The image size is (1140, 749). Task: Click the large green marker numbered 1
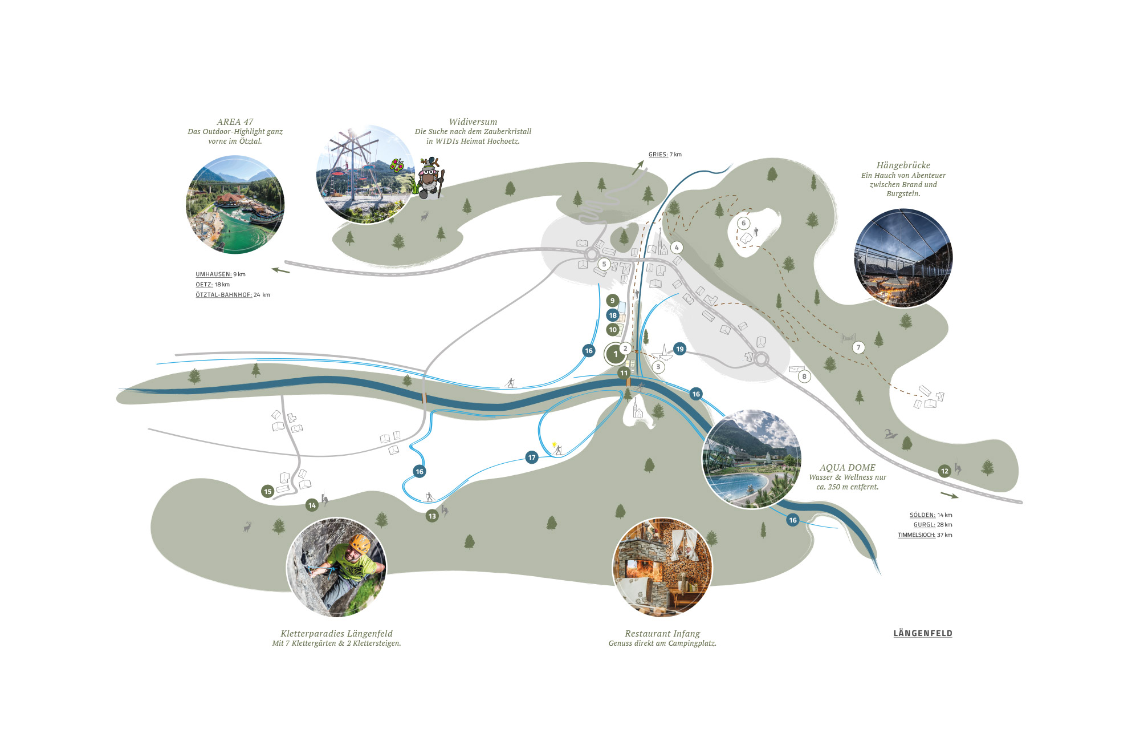click(615, 354)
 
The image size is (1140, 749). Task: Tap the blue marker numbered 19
click(679, 349)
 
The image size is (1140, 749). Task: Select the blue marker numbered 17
click(532, 458)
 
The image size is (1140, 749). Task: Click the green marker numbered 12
click(944, 471)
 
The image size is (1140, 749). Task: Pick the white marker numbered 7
click(858, 347)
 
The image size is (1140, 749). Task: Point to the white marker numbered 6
click(743, 223)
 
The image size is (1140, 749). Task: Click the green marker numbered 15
click(268, 492)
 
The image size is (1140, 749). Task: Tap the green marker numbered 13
click(432, 516)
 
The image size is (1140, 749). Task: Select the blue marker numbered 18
click(613, 315)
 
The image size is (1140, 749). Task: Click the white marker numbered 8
click(804, 376)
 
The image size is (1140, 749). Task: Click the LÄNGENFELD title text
click(923, 633)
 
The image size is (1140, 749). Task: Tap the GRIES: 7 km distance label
click(665, 155)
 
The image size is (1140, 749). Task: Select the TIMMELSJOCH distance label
click(925, 535)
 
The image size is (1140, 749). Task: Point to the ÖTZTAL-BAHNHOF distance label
click(233, 295)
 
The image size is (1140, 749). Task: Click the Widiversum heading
click(473, 122)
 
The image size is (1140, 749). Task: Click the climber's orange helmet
click(360, 543)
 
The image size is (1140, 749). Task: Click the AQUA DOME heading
click(848, 468)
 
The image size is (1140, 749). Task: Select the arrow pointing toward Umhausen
click(280, 270)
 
